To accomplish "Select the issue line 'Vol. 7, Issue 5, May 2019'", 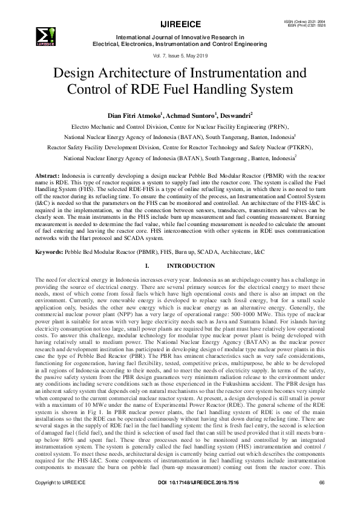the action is (180, 55).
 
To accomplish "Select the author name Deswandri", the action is (232, 115).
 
